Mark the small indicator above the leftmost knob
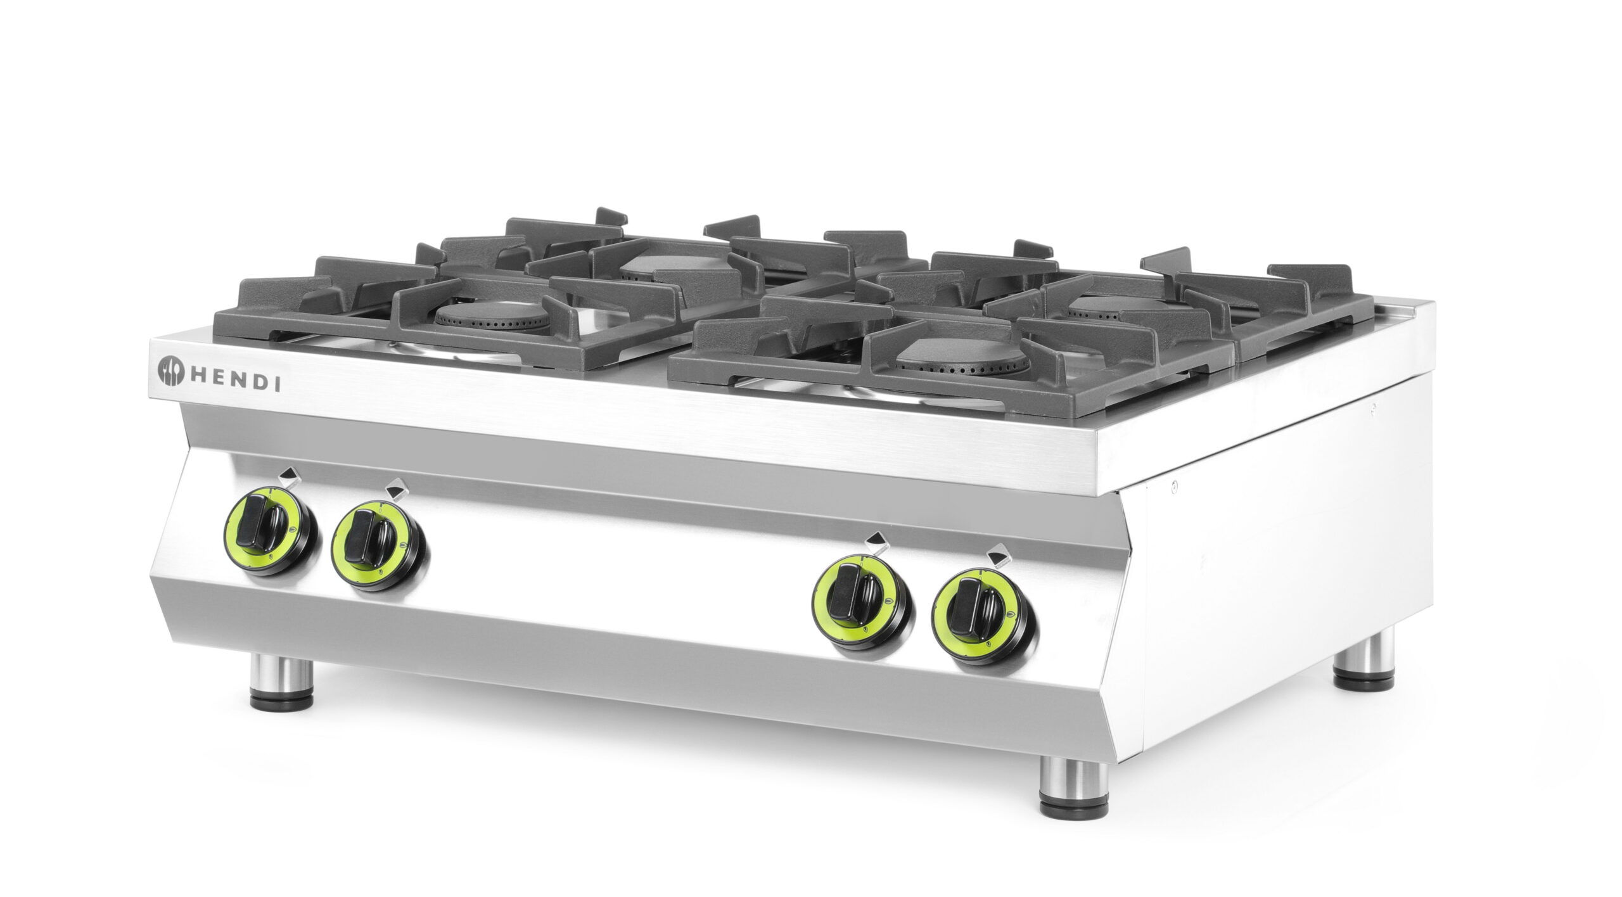[x=289, y=474]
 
